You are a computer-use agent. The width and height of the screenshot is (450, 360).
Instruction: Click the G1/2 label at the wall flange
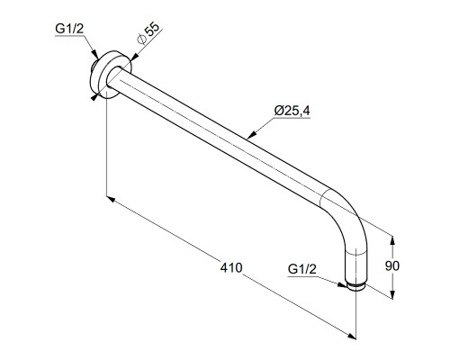click(x=69, y=29)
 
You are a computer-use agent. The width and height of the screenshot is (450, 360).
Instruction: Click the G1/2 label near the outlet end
click(x=302, y=269)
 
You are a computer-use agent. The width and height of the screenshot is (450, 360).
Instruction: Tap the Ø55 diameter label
click(x=148, y=34)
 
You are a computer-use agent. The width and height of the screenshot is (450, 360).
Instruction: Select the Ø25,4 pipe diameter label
click(x=292, y=111)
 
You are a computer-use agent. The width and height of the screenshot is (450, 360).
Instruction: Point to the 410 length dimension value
click(x=231, y=267)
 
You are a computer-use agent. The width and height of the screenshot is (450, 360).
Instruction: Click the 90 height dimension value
click(x=392, y=265)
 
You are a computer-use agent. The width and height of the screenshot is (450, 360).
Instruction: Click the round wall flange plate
click(x=111, y=75)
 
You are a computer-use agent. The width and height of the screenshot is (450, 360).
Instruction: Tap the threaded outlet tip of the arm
click(x=355, y=286)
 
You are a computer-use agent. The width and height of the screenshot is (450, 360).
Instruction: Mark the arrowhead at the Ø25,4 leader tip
click(x=252, y=135)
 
